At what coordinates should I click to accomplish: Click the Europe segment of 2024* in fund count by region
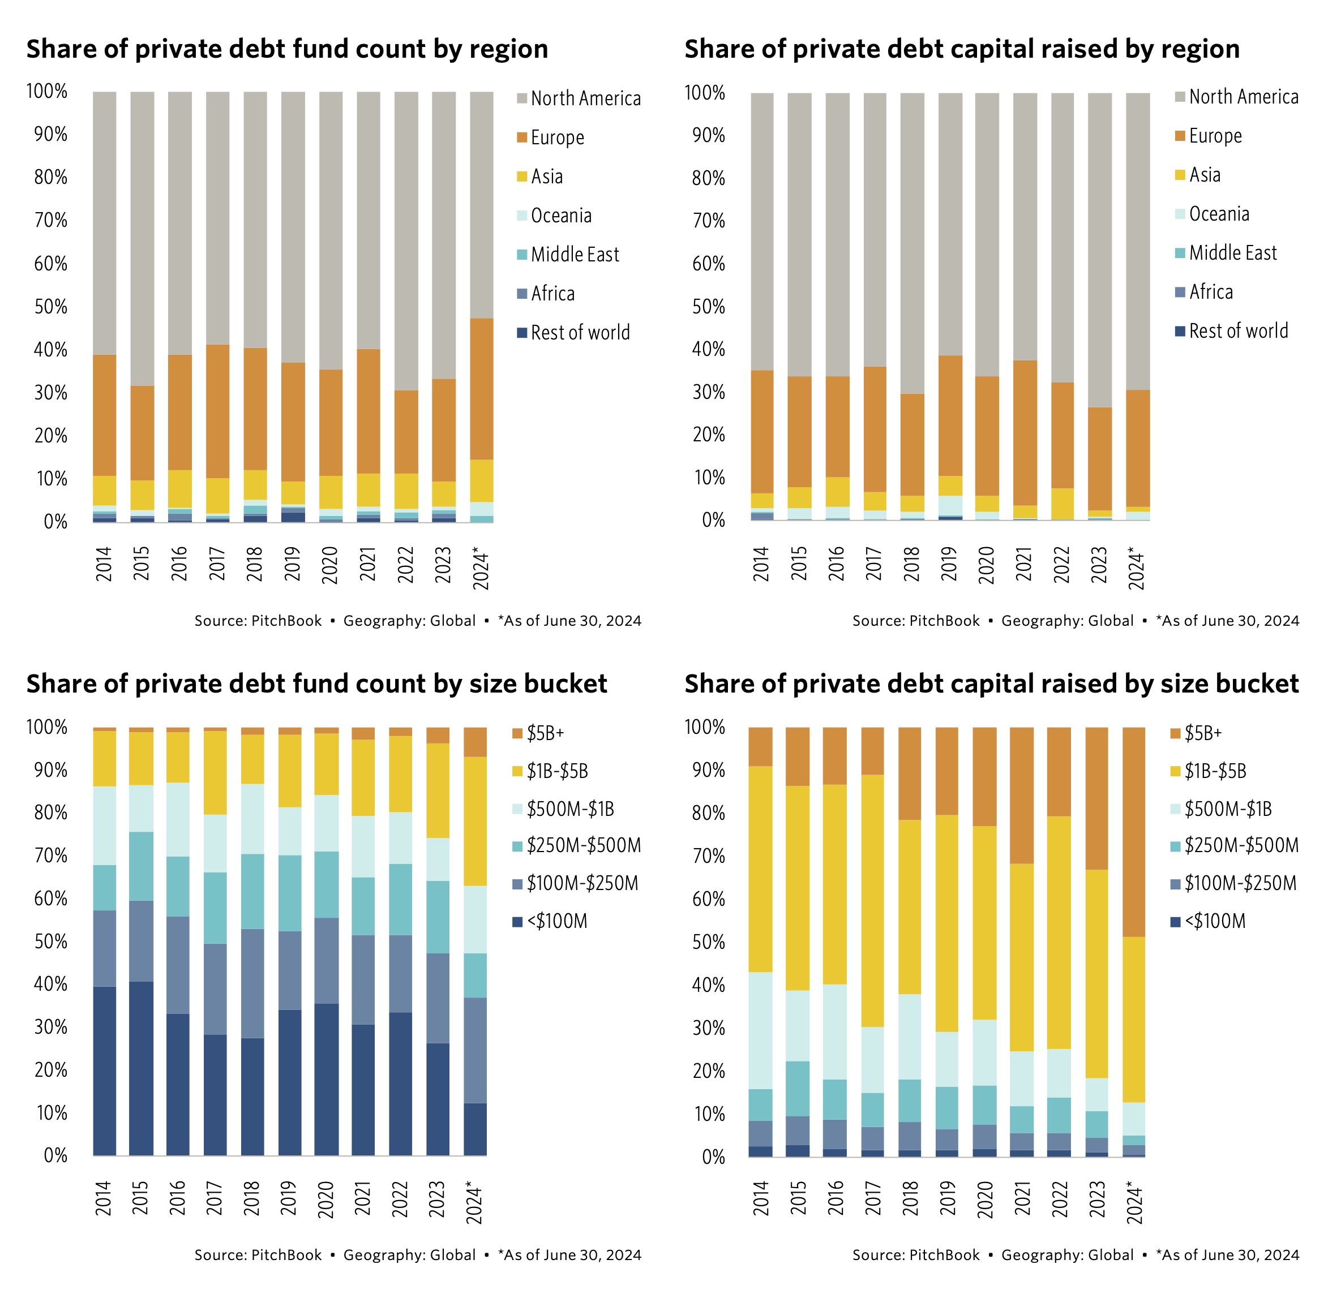[x=481, y=389]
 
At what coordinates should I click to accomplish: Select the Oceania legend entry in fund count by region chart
[x=560, y=216]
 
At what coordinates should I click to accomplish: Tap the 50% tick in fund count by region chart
[x=50, y=307]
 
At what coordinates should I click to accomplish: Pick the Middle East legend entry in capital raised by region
[x=1232, y=253]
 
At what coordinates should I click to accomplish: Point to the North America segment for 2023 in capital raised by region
[x=1099, y=250]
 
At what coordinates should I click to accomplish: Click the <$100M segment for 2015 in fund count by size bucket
[x=141, y=1068]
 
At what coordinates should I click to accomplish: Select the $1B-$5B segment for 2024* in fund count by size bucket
[x=475, y=821]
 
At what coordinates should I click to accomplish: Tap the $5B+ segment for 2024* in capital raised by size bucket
[x=1134, y=832]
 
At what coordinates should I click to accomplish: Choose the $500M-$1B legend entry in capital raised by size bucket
[x=1227, y=809]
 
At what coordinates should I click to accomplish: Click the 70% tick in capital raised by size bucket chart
[x=708, y=855]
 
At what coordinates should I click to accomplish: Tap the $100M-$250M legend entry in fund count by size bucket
[x=581, y=883]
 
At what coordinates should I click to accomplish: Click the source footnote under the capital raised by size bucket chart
[x=1075, y=1255]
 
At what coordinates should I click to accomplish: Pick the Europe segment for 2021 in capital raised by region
[x=1024, y=433]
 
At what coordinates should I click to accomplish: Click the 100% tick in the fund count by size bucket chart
[x=46, y=727]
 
